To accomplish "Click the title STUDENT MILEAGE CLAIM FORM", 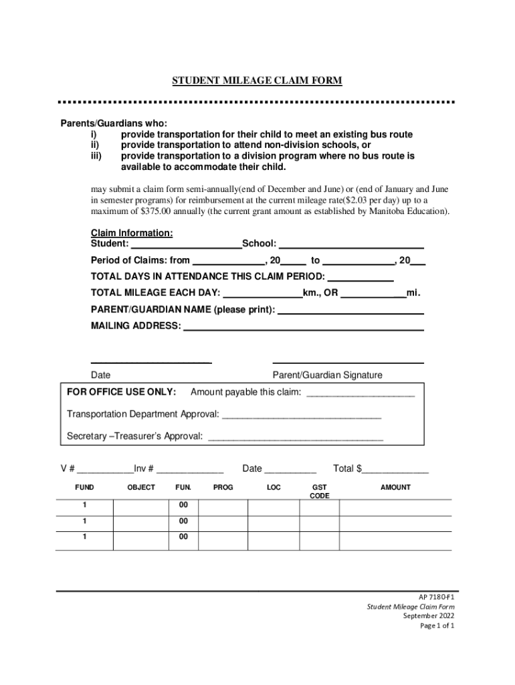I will coord(257,81).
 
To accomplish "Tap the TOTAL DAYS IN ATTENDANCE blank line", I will coord(360,278).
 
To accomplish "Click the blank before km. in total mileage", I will coord(262,294).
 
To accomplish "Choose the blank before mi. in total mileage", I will coord(374,294).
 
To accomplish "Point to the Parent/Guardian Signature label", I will coord(328,375).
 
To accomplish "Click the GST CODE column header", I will coord(320,492).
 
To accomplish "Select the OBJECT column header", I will coord(141,488).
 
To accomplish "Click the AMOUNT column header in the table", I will coord(395,488).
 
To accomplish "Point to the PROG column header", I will coord(223,488).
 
